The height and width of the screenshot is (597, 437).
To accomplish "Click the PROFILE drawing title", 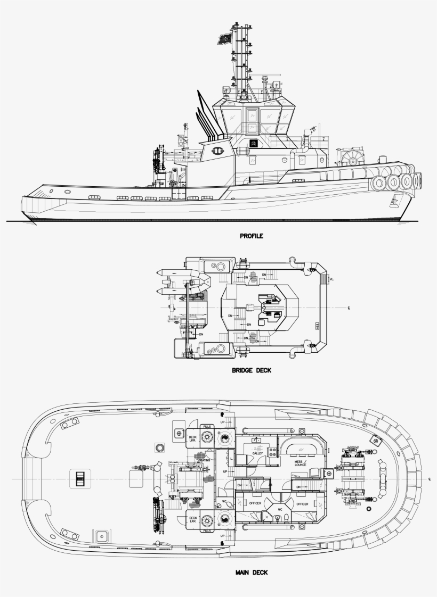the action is [x=252, y=235].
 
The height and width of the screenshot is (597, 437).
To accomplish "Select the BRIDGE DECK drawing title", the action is [x=252, y=370].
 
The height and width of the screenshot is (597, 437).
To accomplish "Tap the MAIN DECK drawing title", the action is [x=252, y=573].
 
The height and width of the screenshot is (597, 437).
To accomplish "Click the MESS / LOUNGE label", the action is [x=303, y=463].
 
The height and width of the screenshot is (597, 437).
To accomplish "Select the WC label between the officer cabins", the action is [x=279, y=509].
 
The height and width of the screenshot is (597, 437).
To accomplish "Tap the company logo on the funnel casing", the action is [x=217, y=151].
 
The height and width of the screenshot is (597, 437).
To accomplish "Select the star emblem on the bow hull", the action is [x=394, y=201].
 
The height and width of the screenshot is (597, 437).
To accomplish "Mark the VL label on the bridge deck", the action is [x=331, y=279].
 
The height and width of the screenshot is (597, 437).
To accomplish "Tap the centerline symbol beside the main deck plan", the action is [x=429, y=479].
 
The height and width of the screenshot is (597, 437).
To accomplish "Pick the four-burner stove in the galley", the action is [x=272, y=452].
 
